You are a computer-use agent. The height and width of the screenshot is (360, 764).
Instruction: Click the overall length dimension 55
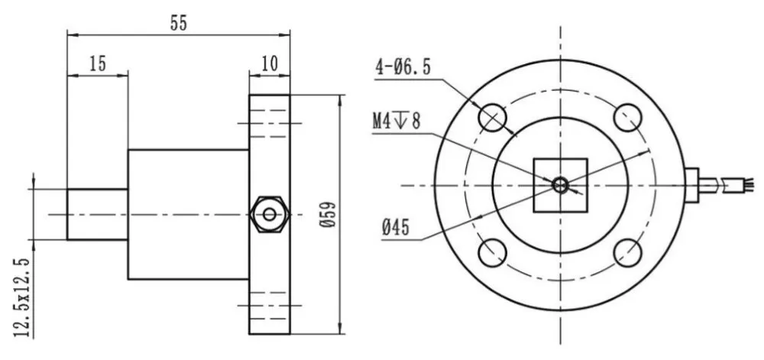tap(178, 22)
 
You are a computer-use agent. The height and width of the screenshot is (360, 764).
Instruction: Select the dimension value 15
tap(97, 64)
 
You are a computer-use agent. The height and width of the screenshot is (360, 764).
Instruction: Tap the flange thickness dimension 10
tap(270, 64)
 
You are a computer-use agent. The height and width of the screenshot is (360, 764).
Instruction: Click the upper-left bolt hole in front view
tap(492, 116)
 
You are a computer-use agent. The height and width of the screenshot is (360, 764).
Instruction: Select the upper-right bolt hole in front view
tap(629, 116)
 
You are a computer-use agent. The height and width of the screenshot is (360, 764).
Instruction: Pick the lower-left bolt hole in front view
tap(492, 252)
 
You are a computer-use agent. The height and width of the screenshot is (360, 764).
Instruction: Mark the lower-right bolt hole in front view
tap(629, 252)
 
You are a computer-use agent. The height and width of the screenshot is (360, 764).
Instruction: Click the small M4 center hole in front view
tap(560, 184)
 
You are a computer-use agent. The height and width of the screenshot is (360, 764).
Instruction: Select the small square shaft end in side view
tap(97, 215)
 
